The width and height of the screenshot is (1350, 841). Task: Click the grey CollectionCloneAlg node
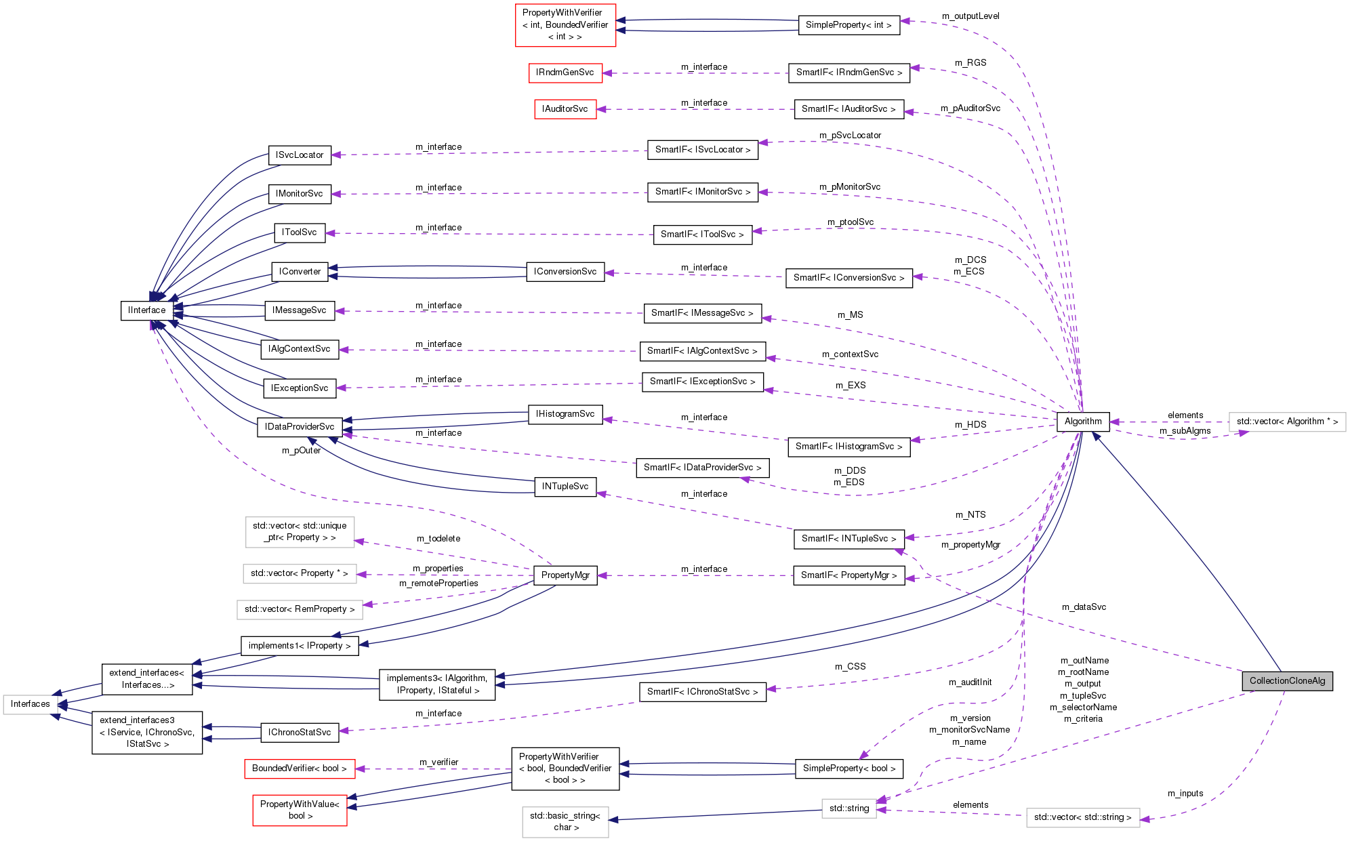click(1287, 681)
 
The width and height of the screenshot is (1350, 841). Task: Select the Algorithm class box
click(1083, 422)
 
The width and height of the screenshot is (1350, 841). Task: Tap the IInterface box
click(147, 310)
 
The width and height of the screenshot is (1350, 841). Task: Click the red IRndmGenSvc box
click(565, 73)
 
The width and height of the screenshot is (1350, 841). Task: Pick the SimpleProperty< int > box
click(848, 25)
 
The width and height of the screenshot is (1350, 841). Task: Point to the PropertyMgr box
click(565, 575)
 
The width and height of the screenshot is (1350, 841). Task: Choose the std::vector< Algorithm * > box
click(1287, 422)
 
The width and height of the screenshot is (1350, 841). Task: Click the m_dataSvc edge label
click(1084, 607)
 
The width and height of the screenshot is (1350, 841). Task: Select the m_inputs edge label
click(1185, 794)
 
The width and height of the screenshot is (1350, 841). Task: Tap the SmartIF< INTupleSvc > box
click(848, 539)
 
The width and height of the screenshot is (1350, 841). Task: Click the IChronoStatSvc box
click(300, 733)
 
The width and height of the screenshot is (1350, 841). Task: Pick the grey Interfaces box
click(30, 704)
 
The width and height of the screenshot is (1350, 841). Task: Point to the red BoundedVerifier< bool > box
click(300, 768)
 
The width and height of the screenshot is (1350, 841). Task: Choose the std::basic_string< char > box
click(565, 821)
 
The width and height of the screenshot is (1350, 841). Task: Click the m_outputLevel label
click(970, 16)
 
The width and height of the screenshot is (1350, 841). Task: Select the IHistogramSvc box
click(565, 414)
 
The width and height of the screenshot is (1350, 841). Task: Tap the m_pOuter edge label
click(301, 451)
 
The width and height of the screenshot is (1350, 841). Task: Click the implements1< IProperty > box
click(300, 646)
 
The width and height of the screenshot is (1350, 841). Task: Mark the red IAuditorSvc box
click(565, 109)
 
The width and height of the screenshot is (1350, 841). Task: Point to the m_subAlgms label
click(1185, 431)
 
